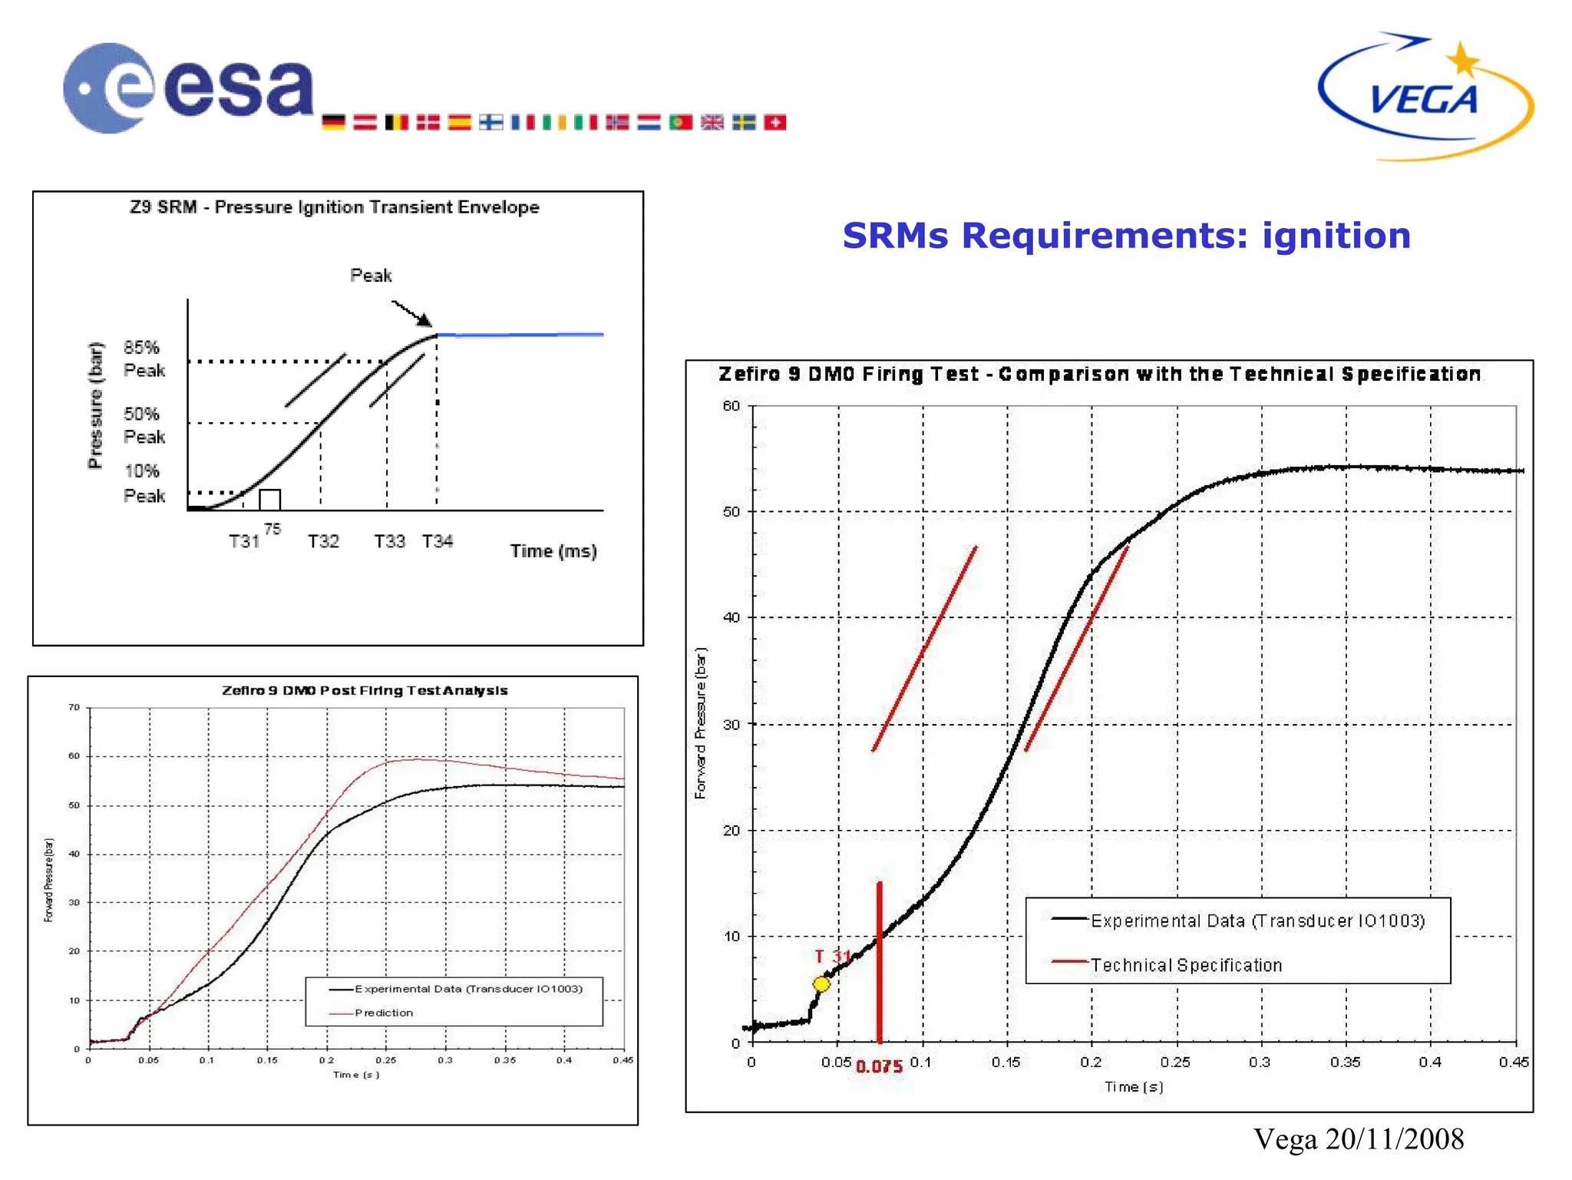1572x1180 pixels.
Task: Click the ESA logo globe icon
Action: coord(108,88)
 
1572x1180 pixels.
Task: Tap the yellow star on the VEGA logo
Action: coord(1463,60)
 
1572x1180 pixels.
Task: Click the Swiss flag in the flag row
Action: coord(775,122)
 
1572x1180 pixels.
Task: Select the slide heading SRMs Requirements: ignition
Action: coord(1126,236)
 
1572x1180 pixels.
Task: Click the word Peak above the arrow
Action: coord(371,275)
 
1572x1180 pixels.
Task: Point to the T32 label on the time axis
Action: coord(323,541)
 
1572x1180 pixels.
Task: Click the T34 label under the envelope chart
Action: coord(438,541)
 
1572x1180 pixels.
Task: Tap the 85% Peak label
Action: coord(144,359)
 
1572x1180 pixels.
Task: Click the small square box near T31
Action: coord(269,499)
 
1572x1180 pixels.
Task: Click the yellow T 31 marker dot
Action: coord(821,983)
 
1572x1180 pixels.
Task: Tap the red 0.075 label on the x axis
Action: coord(879,1066)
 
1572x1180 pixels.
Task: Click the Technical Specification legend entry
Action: coord(1185,965)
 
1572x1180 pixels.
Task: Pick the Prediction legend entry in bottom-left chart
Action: coord(383,1013)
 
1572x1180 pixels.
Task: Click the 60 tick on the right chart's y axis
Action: coord(732,406)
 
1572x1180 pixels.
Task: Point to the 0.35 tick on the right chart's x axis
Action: coord(1345,1062)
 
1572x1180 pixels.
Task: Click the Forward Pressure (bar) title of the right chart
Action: coord(700,723)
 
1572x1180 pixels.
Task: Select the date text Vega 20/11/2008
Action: coord(1359,1139)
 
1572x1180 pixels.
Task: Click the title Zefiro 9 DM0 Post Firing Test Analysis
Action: coord(365,690)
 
